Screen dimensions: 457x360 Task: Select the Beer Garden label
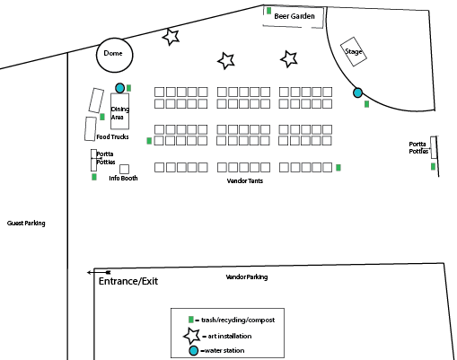(x=294, y=16)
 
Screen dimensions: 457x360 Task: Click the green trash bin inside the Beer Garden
(x=268, y=11)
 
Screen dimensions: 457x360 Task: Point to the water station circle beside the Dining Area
(x=120, y=88)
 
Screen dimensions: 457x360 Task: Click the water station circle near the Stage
(x=357, y=92)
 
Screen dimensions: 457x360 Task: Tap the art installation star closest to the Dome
(x=171, y=37)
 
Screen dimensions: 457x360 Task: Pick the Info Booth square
(x=124, y=169)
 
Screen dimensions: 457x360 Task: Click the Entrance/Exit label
(x=128, y=281)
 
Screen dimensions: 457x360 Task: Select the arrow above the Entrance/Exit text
(x=99, y=272)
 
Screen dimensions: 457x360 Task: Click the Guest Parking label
(x=26, y=224)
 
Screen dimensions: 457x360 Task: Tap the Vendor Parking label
(x=247, y=277)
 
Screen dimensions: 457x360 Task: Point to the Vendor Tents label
(x=245, y=180)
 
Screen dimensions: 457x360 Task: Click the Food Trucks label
(x=112, y=136)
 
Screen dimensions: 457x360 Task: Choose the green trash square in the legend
(x=191, y=320)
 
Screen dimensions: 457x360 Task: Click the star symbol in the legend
(x=191, y=336)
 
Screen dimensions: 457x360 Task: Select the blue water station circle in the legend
(x=194, y=351)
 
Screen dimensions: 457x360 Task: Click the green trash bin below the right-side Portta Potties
(x=433, y=166)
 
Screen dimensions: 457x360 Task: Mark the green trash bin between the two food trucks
(x=102, y=117)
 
